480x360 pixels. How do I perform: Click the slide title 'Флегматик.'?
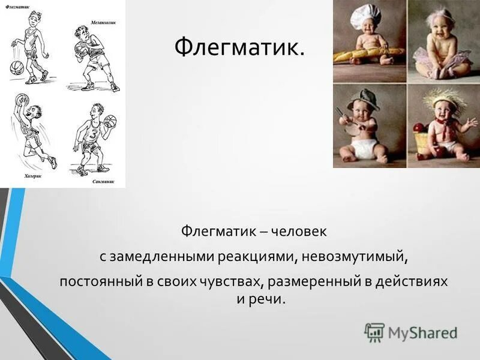tap(239, 47)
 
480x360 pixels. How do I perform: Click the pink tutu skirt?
tap(444, 60)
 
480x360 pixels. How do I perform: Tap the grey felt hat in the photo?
tap(362, 98)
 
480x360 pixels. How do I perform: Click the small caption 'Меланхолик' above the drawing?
tap(104, 22)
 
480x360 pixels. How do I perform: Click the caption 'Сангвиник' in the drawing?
tap(104, 181)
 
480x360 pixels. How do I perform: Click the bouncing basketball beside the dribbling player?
tap(16, 67)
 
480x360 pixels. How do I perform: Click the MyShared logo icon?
tap(374, 332)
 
